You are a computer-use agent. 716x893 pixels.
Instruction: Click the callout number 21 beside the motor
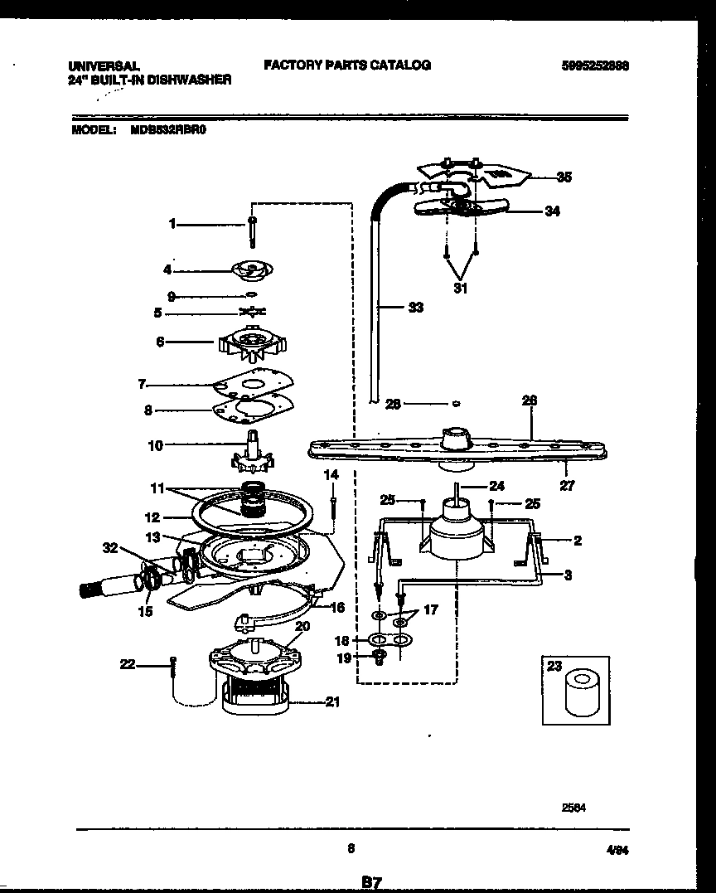331,702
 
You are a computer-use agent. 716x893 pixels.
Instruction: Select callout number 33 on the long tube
415,308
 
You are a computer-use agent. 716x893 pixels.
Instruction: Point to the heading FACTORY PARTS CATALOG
347,65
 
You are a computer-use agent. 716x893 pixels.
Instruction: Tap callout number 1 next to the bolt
172,223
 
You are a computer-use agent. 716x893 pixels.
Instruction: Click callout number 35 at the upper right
564,177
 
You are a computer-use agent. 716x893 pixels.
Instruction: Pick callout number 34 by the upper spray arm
551,211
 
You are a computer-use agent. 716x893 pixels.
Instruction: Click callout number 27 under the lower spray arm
566,486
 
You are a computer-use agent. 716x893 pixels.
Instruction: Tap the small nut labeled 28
455,405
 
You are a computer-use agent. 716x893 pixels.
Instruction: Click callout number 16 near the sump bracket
336,608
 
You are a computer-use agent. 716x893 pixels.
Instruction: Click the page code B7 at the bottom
370,884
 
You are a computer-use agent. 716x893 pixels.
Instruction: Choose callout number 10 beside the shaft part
155,445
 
